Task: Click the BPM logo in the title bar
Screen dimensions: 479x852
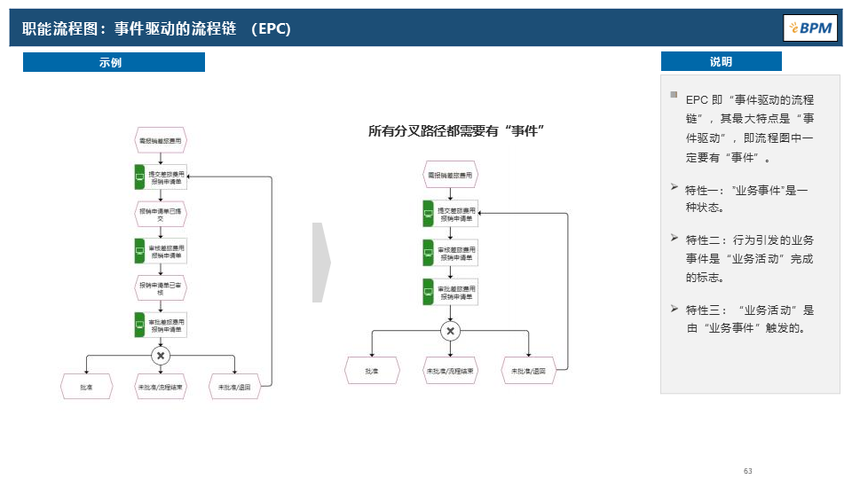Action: coord(809,28)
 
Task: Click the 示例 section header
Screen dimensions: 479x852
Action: coord(113,62)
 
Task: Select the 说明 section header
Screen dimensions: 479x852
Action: coord(721,62)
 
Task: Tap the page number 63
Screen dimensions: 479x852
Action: coord(748,471)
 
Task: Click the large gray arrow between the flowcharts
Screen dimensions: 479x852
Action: coord(321,263)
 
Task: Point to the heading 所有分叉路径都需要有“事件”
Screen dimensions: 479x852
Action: coord(456,131)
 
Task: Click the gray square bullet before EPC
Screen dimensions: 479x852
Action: coord(674,95)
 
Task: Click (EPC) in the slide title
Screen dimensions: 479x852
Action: coord(270,28)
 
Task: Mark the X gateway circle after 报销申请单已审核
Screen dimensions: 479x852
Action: coord(161,356)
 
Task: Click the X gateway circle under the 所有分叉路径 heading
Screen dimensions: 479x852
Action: coord(451,332)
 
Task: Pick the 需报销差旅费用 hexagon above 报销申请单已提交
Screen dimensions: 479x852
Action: coord(161,140)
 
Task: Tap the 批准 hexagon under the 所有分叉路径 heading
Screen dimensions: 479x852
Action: coord(371,371)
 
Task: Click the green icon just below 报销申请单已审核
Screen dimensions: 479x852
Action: coord(139,324)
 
